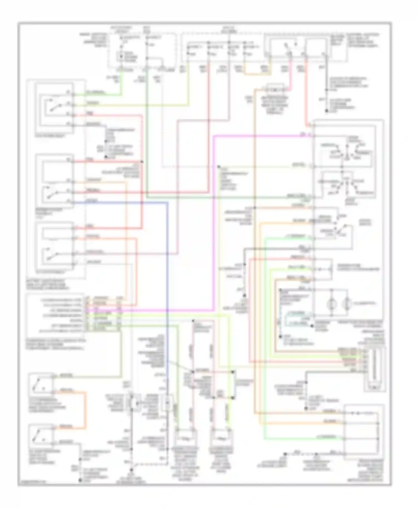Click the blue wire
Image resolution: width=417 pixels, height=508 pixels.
tap(168, 278)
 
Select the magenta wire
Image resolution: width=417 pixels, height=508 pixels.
tap(214, 222)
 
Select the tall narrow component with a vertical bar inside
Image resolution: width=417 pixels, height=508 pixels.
tap(374, 368)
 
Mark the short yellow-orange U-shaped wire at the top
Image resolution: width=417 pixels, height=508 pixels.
tap(257, 73)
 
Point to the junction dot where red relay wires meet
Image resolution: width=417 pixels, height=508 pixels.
tap(142, 162)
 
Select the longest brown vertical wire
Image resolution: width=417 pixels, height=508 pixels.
tap(254, 250)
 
